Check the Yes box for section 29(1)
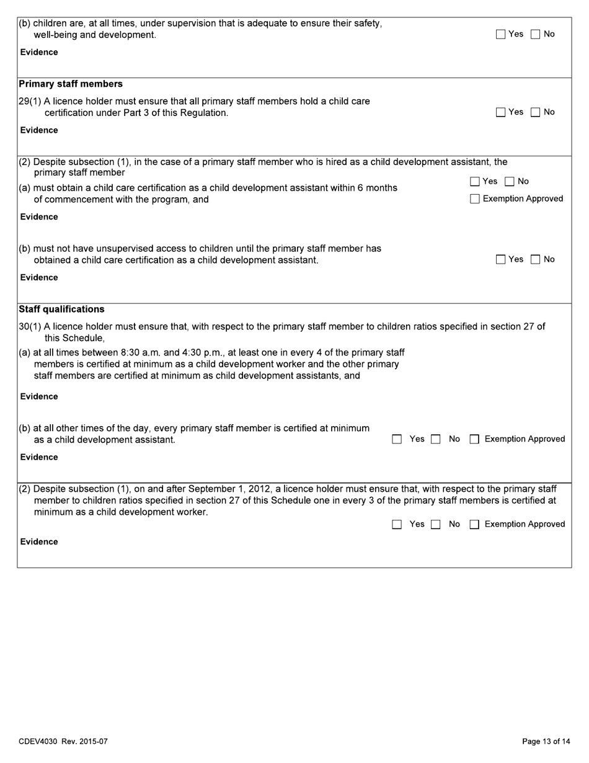click(x=501, y=112)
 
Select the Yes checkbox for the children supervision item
click(x=501, y=35)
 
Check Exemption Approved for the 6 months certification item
click(x=475, y=199)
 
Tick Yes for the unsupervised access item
click(x=501, y=260)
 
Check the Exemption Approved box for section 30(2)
click(x=475, y=525)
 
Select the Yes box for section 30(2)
click(x=397, y=525)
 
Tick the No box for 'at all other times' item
click(x=436, y=440)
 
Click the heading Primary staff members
click(x=71, y=84)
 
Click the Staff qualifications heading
click(x=62, y=309)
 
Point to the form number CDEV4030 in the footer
click(x=38, y=741)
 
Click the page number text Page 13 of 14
click(x=546, y=741)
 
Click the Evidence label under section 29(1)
click(x=39, y=130)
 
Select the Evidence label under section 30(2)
click(x=39, y=542)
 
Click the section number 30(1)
click(x=30, y=326)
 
